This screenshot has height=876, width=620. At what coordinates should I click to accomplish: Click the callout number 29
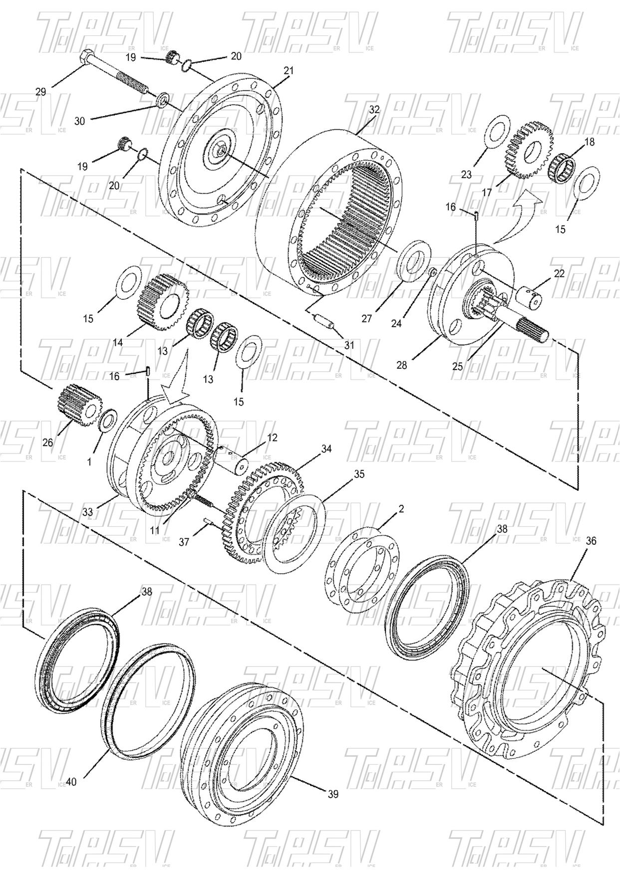click(x=41, y=92)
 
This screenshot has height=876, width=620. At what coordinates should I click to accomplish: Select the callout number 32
click(x=374, y=109)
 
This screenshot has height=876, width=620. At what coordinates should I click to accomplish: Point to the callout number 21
click(x=288, y=71)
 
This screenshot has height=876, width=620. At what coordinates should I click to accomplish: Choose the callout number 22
click(x=559, y=273)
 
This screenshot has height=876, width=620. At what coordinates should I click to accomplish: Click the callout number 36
click(x=591, y=541)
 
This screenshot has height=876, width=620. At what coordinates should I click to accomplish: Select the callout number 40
click(x=71, y=782)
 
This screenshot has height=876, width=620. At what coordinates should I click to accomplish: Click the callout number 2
click(x=401, y=509)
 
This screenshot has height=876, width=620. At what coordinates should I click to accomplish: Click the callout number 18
click(x=590, y=142)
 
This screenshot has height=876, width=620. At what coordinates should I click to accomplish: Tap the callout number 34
click(x=326, y=449)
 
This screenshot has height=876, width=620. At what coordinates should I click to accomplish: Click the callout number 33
click(x=88, y=512)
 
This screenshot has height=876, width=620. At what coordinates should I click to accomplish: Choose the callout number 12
click(x=272, y=438)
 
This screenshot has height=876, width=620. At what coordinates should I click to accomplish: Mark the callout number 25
click(x=457, y=367)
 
